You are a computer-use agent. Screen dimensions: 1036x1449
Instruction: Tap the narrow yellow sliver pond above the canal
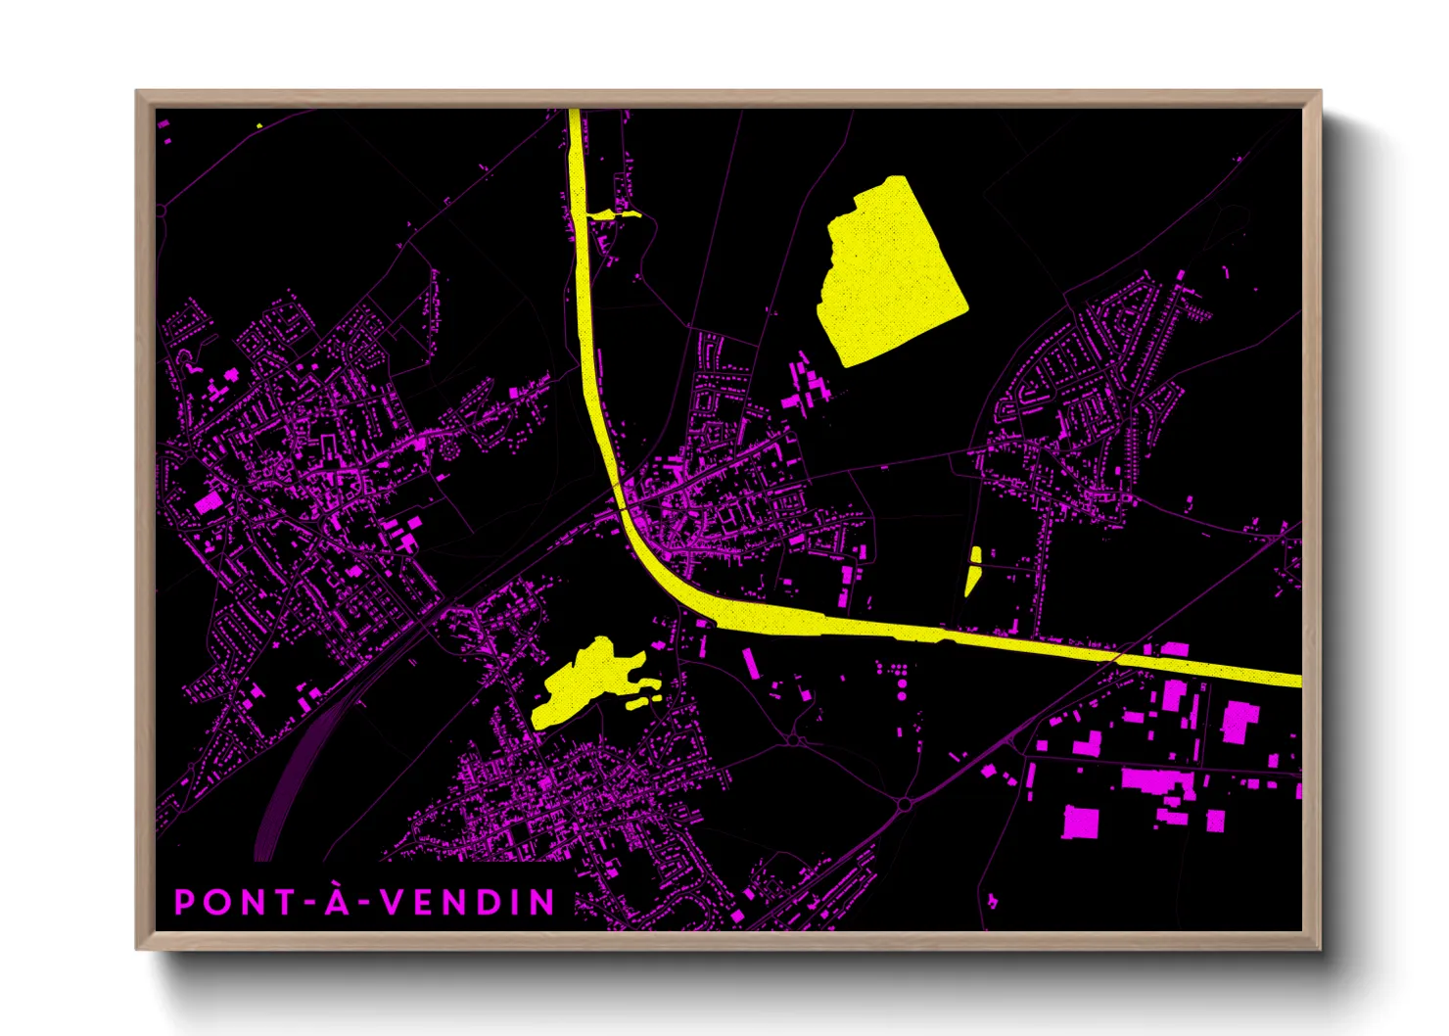pos(973,570)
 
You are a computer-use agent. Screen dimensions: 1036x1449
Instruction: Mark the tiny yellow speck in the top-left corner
pos(258,125)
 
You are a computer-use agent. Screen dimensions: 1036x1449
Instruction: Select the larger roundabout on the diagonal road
pos(905,804)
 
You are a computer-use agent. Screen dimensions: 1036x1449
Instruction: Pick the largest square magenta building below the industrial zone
pos(1081,821)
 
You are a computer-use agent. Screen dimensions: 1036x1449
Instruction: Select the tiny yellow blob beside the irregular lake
pos(643,700)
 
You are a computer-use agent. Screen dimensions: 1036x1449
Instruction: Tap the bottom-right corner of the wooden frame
pos(1319,947)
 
